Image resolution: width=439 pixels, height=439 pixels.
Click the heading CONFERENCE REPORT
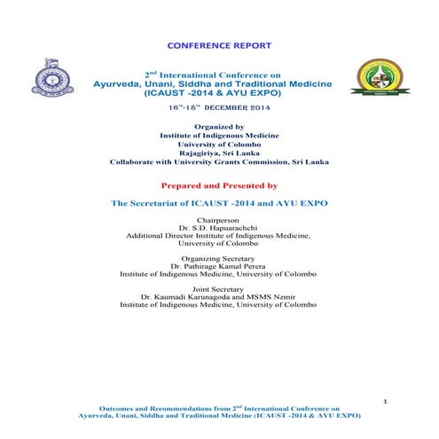tap(218, 45)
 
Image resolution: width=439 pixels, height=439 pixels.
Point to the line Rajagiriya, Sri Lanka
tap(218, 152)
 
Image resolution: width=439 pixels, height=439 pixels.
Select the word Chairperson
tap(218, 218)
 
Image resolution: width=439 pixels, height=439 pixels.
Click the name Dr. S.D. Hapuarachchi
tap(218, 227)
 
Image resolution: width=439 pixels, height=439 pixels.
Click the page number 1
tap(385, 403)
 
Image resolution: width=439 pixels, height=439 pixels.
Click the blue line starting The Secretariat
tap(218, 203)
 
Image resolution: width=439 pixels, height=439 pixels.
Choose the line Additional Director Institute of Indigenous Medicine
tap(218, 236)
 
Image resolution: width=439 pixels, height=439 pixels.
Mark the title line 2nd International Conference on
tap(218, 73)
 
